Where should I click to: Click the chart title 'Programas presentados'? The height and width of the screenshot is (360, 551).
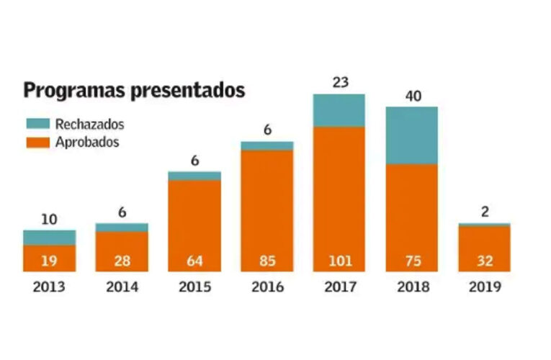[134, 91]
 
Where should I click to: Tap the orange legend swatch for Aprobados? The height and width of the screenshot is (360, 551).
[37, 142]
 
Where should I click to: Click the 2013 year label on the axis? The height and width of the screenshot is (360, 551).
[49, 287]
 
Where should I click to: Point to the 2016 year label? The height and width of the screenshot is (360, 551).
[266, 287]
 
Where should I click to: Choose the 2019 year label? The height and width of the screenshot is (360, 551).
[484, 287]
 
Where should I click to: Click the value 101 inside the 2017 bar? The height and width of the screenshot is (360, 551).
[339, 260]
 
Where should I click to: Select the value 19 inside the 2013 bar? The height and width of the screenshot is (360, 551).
[49, 260]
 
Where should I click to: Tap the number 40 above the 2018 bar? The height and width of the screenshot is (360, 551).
[411, 96]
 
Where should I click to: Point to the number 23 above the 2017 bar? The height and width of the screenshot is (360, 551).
[339, 83]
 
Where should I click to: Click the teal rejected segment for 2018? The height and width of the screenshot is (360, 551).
[411, 135]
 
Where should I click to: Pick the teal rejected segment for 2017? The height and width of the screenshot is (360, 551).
[339, 110]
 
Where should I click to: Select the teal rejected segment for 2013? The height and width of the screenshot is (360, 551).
[49, 238]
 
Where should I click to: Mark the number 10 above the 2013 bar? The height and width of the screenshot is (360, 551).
[49, 220]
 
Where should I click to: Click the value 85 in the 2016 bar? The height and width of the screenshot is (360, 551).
[266, 260]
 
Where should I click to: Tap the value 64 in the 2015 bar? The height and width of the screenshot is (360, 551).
[194, 260]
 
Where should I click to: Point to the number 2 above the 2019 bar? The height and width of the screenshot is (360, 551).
[484, 212]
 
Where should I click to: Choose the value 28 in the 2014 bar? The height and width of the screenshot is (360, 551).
[122, 260]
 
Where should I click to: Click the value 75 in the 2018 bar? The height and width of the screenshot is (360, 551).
[411, 260]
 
